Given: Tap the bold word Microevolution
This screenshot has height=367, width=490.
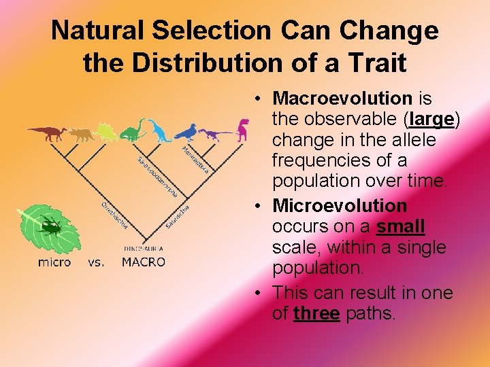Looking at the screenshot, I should coord(340,205).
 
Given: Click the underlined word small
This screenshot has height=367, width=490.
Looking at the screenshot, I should coord(401,226).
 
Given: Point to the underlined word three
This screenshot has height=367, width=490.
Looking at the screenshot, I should coord(316,313).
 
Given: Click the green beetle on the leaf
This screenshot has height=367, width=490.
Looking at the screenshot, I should coord(50,226).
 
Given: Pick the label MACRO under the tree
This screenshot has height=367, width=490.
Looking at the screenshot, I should coord(143,262).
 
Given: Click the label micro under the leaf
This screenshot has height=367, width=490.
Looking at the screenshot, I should coord(54,262).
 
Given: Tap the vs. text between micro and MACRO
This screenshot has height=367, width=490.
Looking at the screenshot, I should coord(97,262).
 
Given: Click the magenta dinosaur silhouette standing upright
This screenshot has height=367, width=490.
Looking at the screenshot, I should coord(242,128).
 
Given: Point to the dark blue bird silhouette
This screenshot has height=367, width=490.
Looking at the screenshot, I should coord(186,132).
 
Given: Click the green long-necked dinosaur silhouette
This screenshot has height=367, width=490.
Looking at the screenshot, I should coord(133,130).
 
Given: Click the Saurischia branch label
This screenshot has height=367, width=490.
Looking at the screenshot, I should coord(176,215).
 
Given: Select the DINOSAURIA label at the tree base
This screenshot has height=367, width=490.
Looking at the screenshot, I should coord(143,248).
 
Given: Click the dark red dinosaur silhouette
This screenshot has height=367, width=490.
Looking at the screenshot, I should coord(47,133).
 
